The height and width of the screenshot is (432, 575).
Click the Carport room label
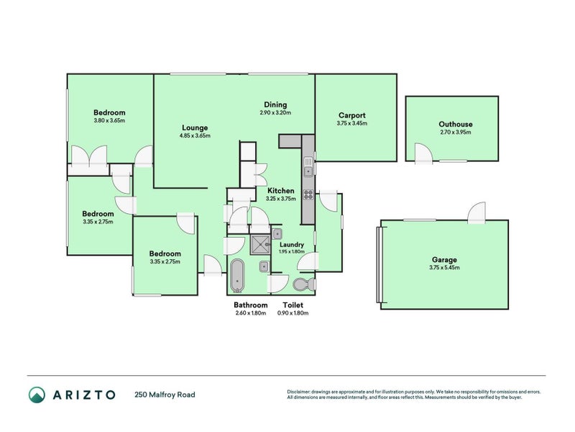tap(351, 115)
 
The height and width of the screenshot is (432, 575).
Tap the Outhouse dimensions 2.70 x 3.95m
tap(456, 132)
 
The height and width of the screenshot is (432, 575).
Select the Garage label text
tap(445, 260)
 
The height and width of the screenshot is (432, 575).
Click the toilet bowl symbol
tap(303, 284)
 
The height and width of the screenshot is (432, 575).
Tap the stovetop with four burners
tap(308, 194)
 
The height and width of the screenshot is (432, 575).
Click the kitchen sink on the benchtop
tap(308, 171)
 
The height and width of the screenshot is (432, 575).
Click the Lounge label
tap(194, 127)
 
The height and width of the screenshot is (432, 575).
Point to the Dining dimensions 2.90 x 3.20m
tap(275, 113)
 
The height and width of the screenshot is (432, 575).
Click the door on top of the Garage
tap(477, 212)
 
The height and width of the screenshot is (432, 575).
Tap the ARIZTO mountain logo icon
tap(37, 394)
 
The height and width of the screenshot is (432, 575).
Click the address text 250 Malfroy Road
tap(165, 395)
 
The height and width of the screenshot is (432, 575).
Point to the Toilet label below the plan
tap(292, 305)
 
